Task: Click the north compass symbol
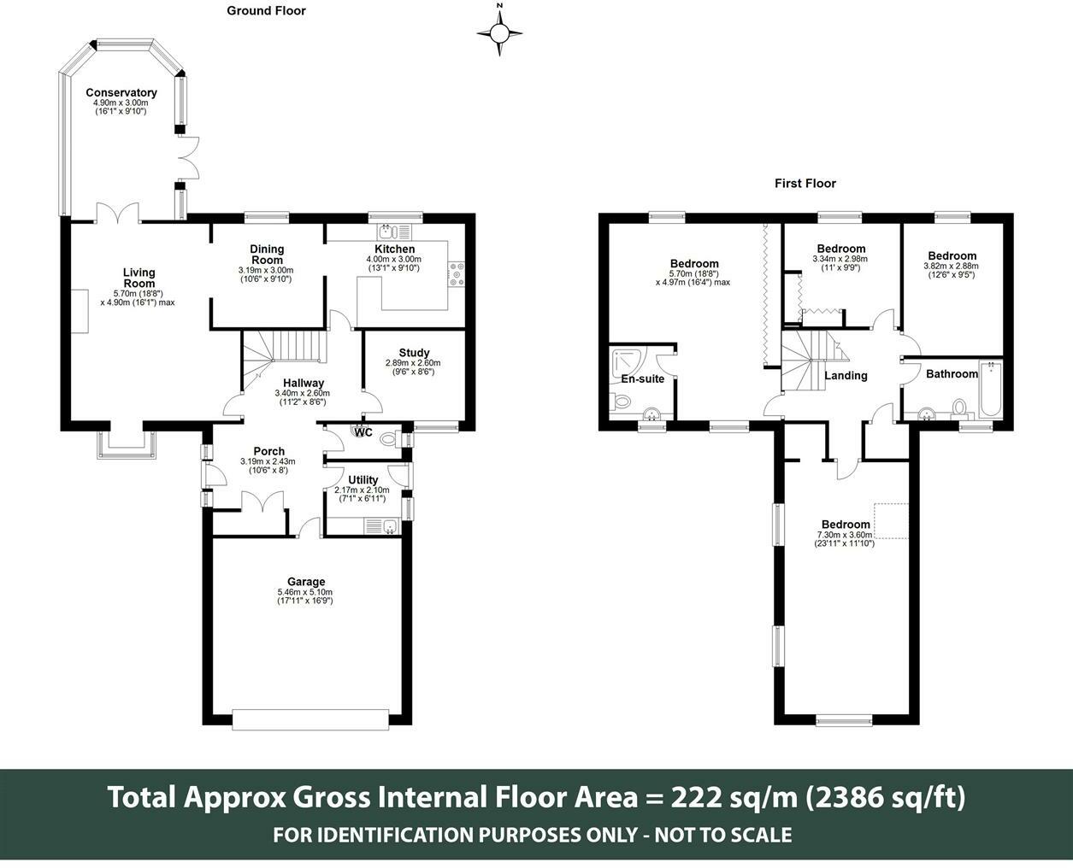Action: [499, 33]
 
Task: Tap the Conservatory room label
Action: [121, 92]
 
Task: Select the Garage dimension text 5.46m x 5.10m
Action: [304, 592]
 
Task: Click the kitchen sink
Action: [387, 232]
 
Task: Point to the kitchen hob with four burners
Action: [457, 274]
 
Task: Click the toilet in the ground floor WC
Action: [389, 438]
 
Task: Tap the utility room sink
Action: [389, 527]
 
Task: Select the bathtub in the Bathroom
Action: [990, 389]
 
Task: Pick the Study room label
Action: [414, 353]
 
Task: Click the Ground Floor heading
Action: [266, 11]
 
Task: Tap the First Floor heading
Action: [805, 184]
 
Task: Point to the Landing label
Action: [846, 375]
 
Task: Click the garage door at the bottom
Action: [311, 719]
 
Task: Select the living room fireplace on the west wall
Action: [80, 311]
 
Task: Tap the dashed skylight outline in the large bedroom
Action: [892, 521]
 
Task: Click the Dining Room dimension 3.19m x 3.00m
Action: [266, 270]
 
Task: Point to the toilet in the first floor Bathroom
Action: [959, 409]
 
